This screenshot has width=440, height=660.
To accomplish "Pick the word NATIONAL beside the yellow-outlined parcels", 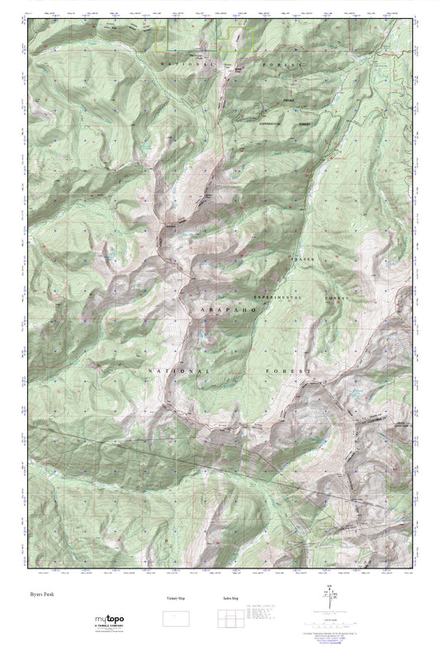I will click(x=187, y=64).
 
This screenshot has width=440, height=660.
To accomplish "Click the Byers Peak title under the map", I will click(x=43, y=593).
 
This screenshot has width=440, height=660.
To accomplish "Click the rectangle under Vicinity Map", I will click(x=175, y=617).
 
